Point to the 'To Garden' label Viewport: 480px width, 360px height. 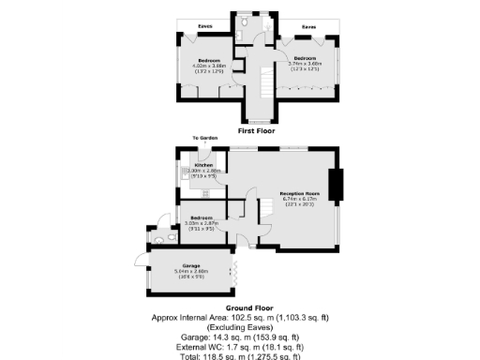pos(205,138)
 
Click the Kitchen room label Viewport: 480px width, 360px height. pos(204,164)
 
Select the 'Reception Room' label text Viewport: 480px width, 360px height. pos(300,192)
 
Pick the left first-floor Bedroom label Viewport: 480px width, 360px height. pos(206,59)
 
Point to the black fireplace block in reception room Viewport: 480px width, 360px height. pos(335,185)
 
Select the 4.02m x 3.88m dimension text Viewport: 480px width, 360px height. pos(206,65)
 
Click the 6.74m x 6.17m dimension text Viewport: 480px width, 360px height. pos(300,199)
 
